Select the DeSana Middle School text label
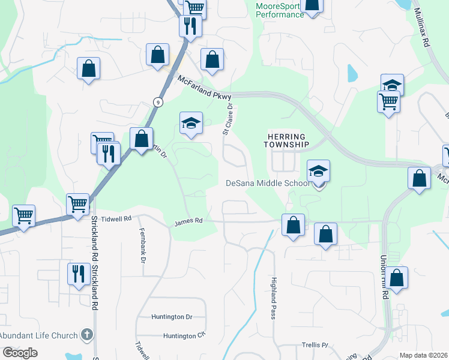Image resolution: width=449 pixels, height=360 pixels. coord(267,183)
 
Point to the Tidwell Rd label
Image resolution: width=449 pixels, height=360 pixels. coord(116,219)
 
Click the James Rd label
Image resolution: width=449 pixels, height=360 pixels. coord(188,221)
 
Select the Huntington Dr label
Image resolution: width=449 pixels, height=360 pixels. coord(172,316)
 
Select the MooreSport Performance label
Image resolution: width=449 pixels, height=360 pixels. coord(279,10)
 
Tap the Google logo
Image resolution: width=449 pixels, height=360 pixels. coord(20,352)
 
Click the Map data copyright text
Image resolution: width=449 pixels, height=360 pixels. coord(424,355)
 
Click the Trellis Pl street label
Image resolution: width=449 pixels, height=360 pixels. coord(316,344)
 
